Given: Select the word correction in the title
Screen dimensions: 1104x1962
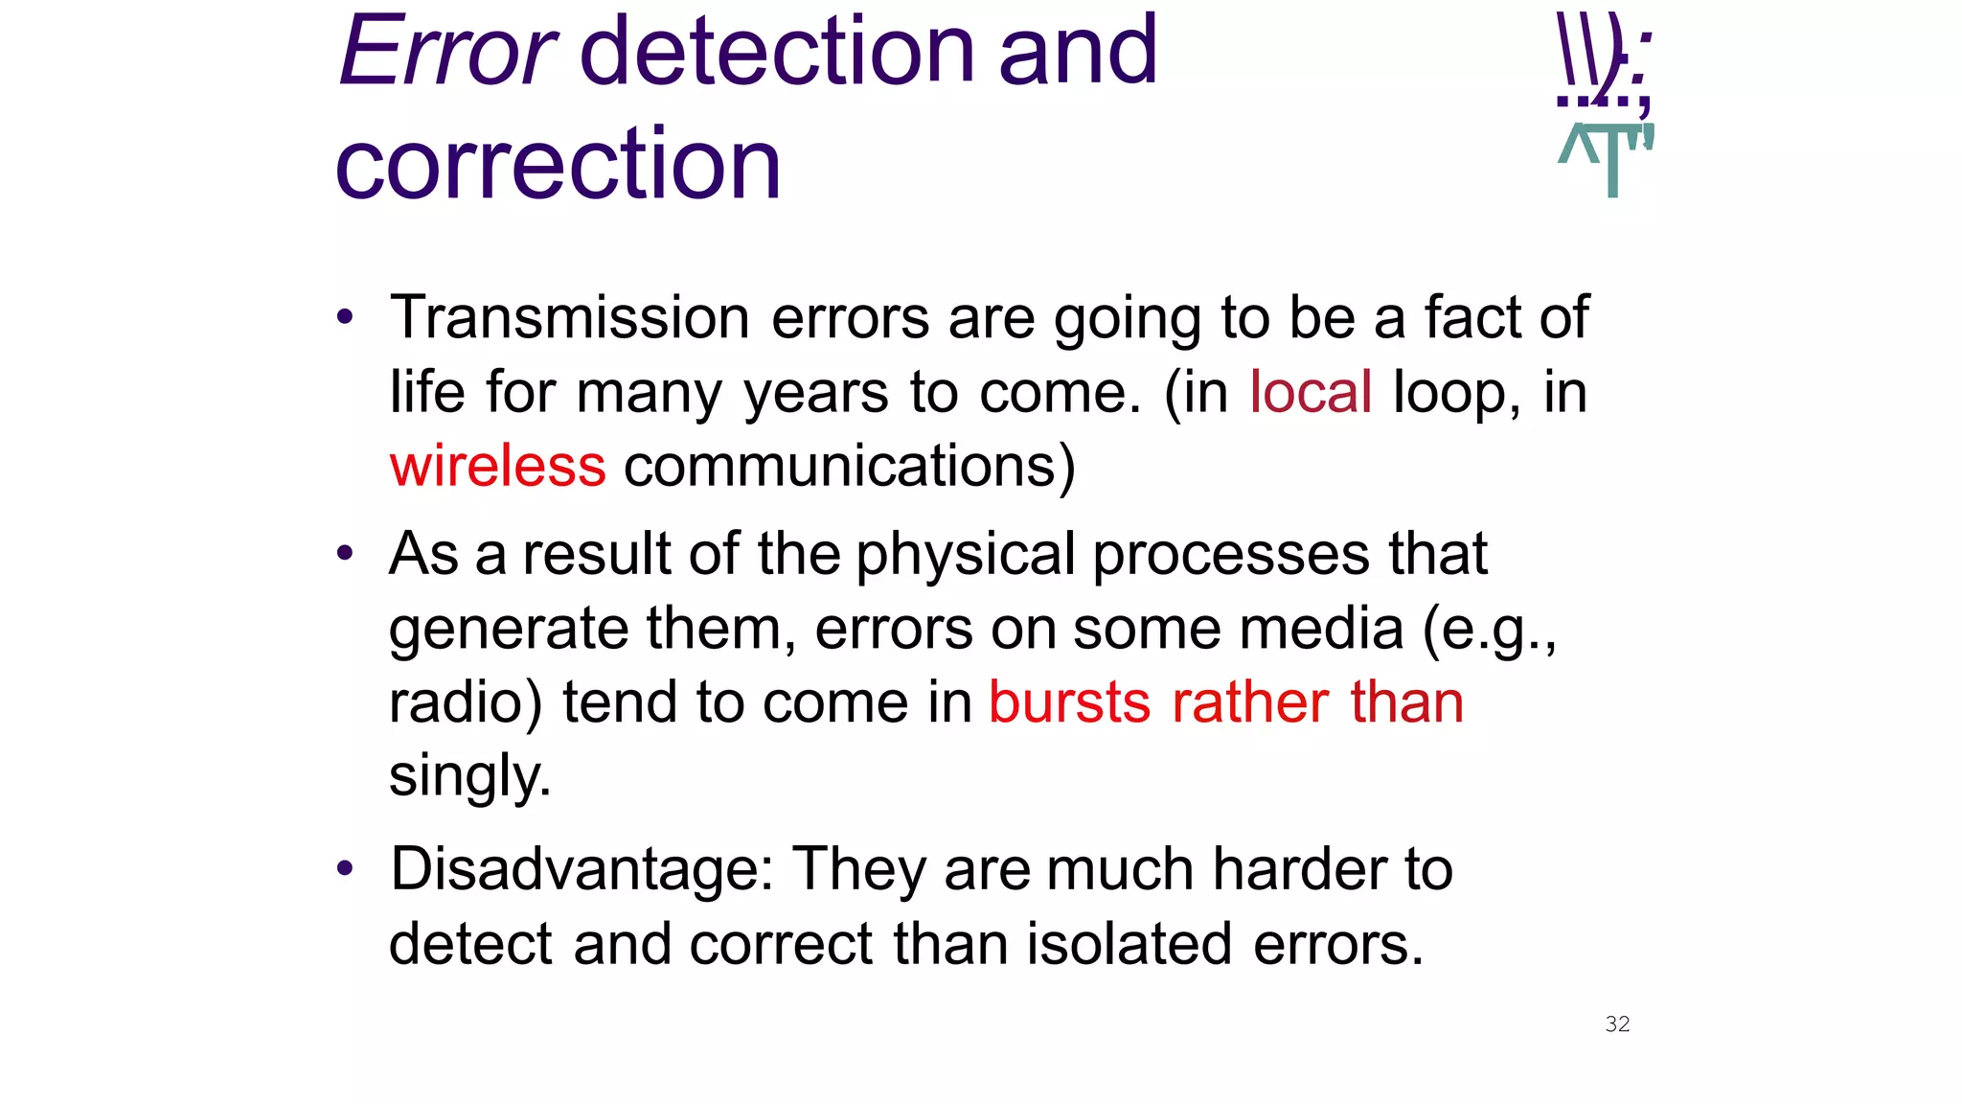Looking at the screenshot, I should pos(559,165).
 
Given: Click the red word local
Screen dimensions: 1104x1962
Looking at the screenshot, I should pos(1311,392).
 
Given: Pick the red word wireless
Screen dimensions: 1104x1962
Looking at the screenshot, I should pos(497,467).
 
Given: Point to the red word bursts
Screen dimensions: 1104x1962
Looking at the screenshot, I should pos(1069,702).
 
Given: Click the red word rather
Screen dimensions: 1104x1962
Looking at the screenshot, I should pos(1250,702).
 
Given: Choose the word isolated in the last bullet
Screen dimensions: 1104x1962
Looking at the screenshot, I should pos(1129,944).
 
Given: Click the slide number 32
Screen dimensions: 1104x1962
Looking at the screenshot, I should pos(1617,1024).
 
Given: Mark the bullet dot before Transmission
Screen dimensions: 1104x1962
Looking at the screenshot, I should pos(345,317).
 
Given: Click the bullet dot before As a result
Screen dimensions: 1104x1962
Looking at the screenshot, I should pos(345,554).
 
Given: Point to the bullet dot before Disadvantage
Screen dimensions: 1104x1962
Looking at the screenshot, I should pos(345,869).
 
